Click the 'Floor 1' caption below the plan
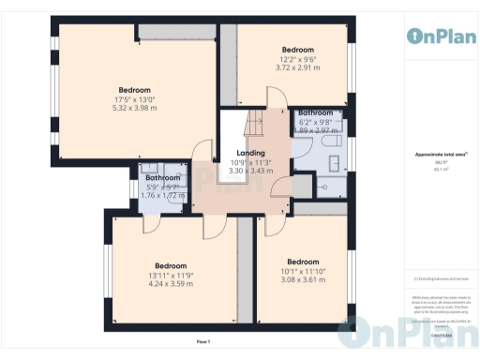pos(202,341)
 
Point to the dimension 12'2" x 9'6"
pos(297,59)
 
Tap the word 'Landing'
pos(250,153)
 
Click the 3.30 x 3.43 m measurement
pos(250,171)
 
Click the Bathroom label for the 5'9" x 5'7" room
pos(162,177)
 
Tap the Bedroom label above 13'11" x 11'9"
pos(171,265)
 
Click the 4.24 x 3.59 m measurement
pos(171,283)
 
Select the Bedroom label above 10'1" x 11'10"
pos(303,262)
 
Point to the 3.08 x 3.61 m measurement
pos(303,279)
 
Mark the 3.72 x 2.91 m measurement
pos(297,67)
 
